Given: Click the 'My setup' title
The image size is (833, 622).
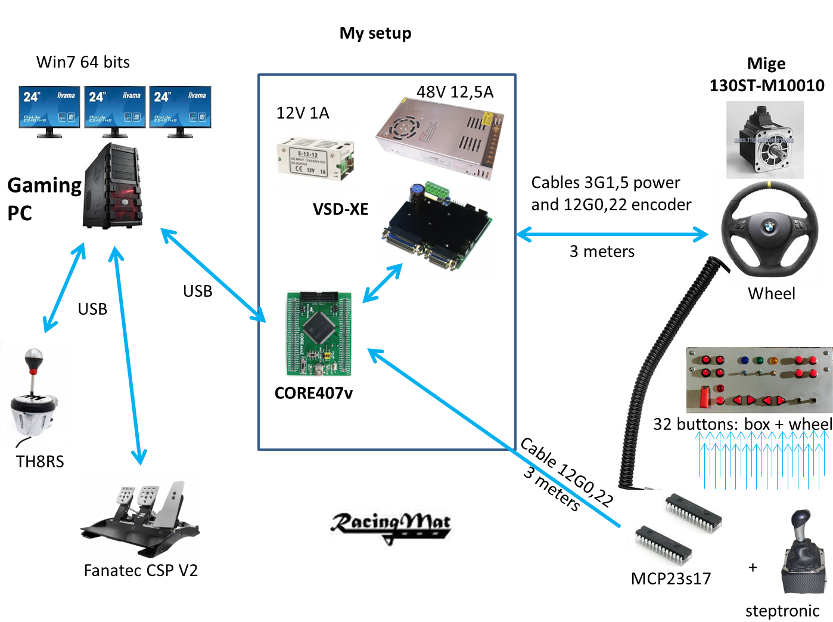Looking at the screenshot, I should point(375,33).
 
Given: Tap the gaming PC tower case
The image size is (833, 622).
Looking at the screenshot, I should point(113,186).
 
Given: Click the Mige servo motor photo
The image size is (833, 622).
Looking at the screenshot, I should point(764,140).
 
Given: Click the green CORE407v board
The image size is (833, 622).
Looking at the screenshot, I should point(319,333).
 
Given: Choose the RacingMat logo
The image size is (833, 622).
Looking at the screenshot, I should point(391,525).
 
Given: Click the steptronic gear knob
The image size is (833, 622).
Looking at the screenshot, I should point(803,552).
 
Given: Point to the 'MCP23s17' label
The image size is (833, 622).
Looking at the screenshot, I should point(671,579).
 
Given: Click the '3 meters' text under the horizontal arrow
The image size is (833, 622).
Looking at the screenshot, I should point(602,252).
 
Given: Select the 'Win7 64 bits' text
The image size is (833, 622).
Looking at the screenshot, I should point(83,63).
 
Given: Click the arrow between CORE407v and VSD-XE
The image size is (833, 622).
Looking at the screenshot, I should point(383,283).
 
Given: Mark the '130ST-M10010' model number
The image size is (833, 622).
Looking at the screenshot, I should point(767,86).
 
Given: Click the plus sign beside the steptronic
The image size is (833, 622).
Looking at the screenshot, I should point(753,567).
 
